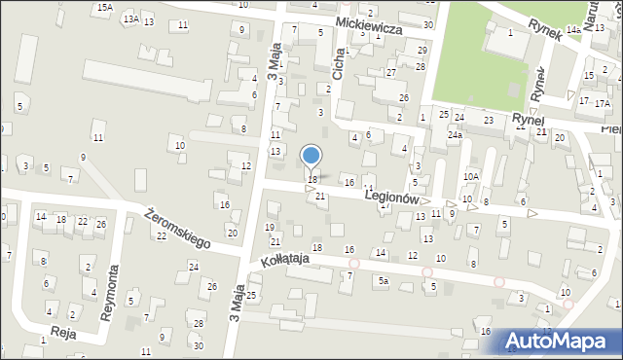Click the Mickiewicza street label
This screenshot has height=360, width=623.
(370, 29)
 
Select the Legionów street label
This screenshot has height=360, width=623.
(391, 197)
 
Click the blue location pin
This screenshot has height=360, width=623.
(311, 155)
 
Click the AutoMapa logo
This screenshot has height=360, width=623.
(558, 340)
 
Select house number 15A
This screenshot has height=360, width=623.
(104, 7)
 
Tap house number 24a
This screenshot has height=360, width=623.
(454, 136)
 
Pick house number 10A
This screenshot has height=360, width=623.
(471, 176)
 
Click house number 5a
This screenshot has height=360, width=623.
(384, 281)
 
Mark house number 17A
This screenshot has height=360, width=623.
(603, 102)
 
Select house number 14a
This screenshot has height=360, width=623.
(574, 31)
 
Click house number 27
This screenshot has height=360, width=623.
(390, 73)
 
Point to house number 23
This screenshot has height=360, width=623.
(489, 120)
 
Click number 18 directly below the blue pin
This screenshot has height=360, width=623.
(312, 180)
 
